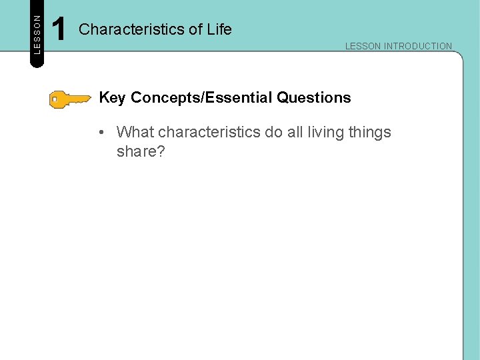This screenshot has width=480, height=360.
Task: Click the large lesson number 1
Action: click(59, 30)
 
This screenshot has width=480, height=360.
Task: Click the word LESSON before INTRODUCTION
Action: click(363, 46)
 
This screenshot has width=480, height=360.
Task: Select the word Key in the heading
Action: click(112, 98)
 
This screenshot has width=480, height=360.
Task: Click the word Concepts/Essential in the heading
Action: click(202, 98)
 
